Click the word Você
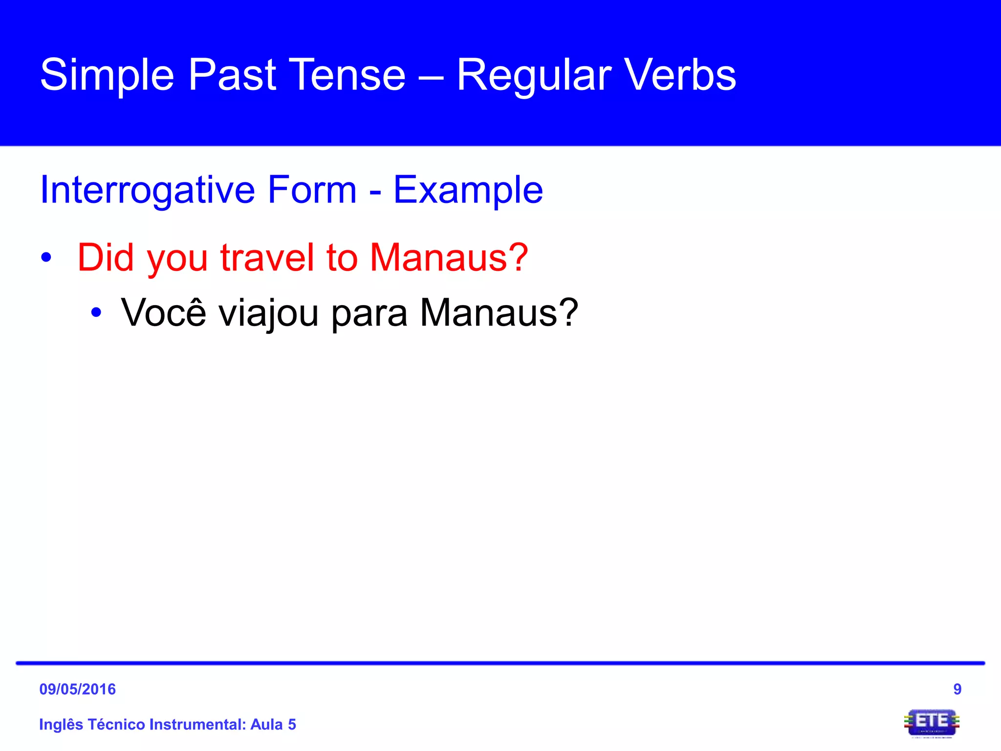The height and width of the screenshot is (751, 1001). click(x=164, y=312)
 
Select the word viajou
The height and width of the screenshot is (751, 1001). click(x=268, y=312)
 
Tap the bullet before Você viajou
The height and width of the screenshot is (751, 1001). click(x=96, y=312)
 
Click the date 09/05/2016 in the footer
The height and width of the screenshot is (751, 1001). click(x=78, y=689)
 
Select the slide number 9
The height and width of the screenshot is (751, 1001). click(x=957, y=689)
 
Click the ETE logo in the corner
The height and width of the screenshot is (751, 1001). click(x=932, y=722)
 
